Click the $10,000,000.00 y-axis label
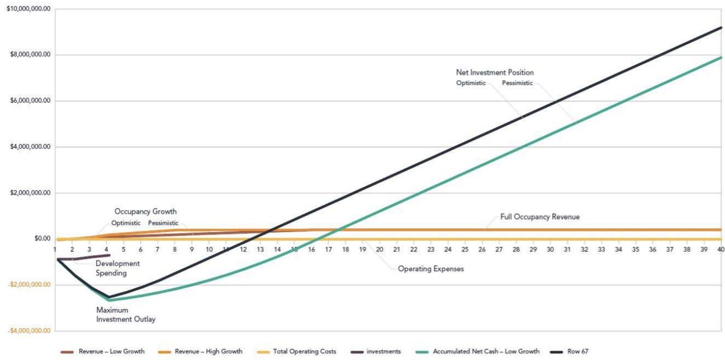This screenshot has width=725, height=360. [x=27, y=9]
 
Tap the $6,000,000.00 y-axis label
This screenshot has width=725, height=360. [x=29, y=101]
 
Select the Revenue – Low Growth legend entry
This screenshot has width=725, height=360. [x=111, y=352]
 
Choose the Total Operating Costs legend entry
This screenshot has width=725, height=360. [x=304, y=352]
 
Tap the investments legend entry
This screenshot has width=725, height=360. [x=383, y=352]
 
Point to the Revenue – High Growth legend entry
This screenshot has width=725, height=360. [x=209, y=352]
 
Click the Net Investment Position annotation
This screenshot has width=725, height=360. [x=495, y=73]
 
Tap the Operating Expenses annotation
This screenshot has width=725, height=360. [x=431, y=269]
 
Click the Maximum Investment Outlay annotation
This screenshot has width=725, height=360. [x=125, y=315]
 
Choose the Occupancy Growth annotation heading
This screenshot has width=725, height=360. [x=145, y=212]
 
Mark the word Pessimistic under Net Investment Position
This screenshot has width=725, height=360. [x=518, y=83]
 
